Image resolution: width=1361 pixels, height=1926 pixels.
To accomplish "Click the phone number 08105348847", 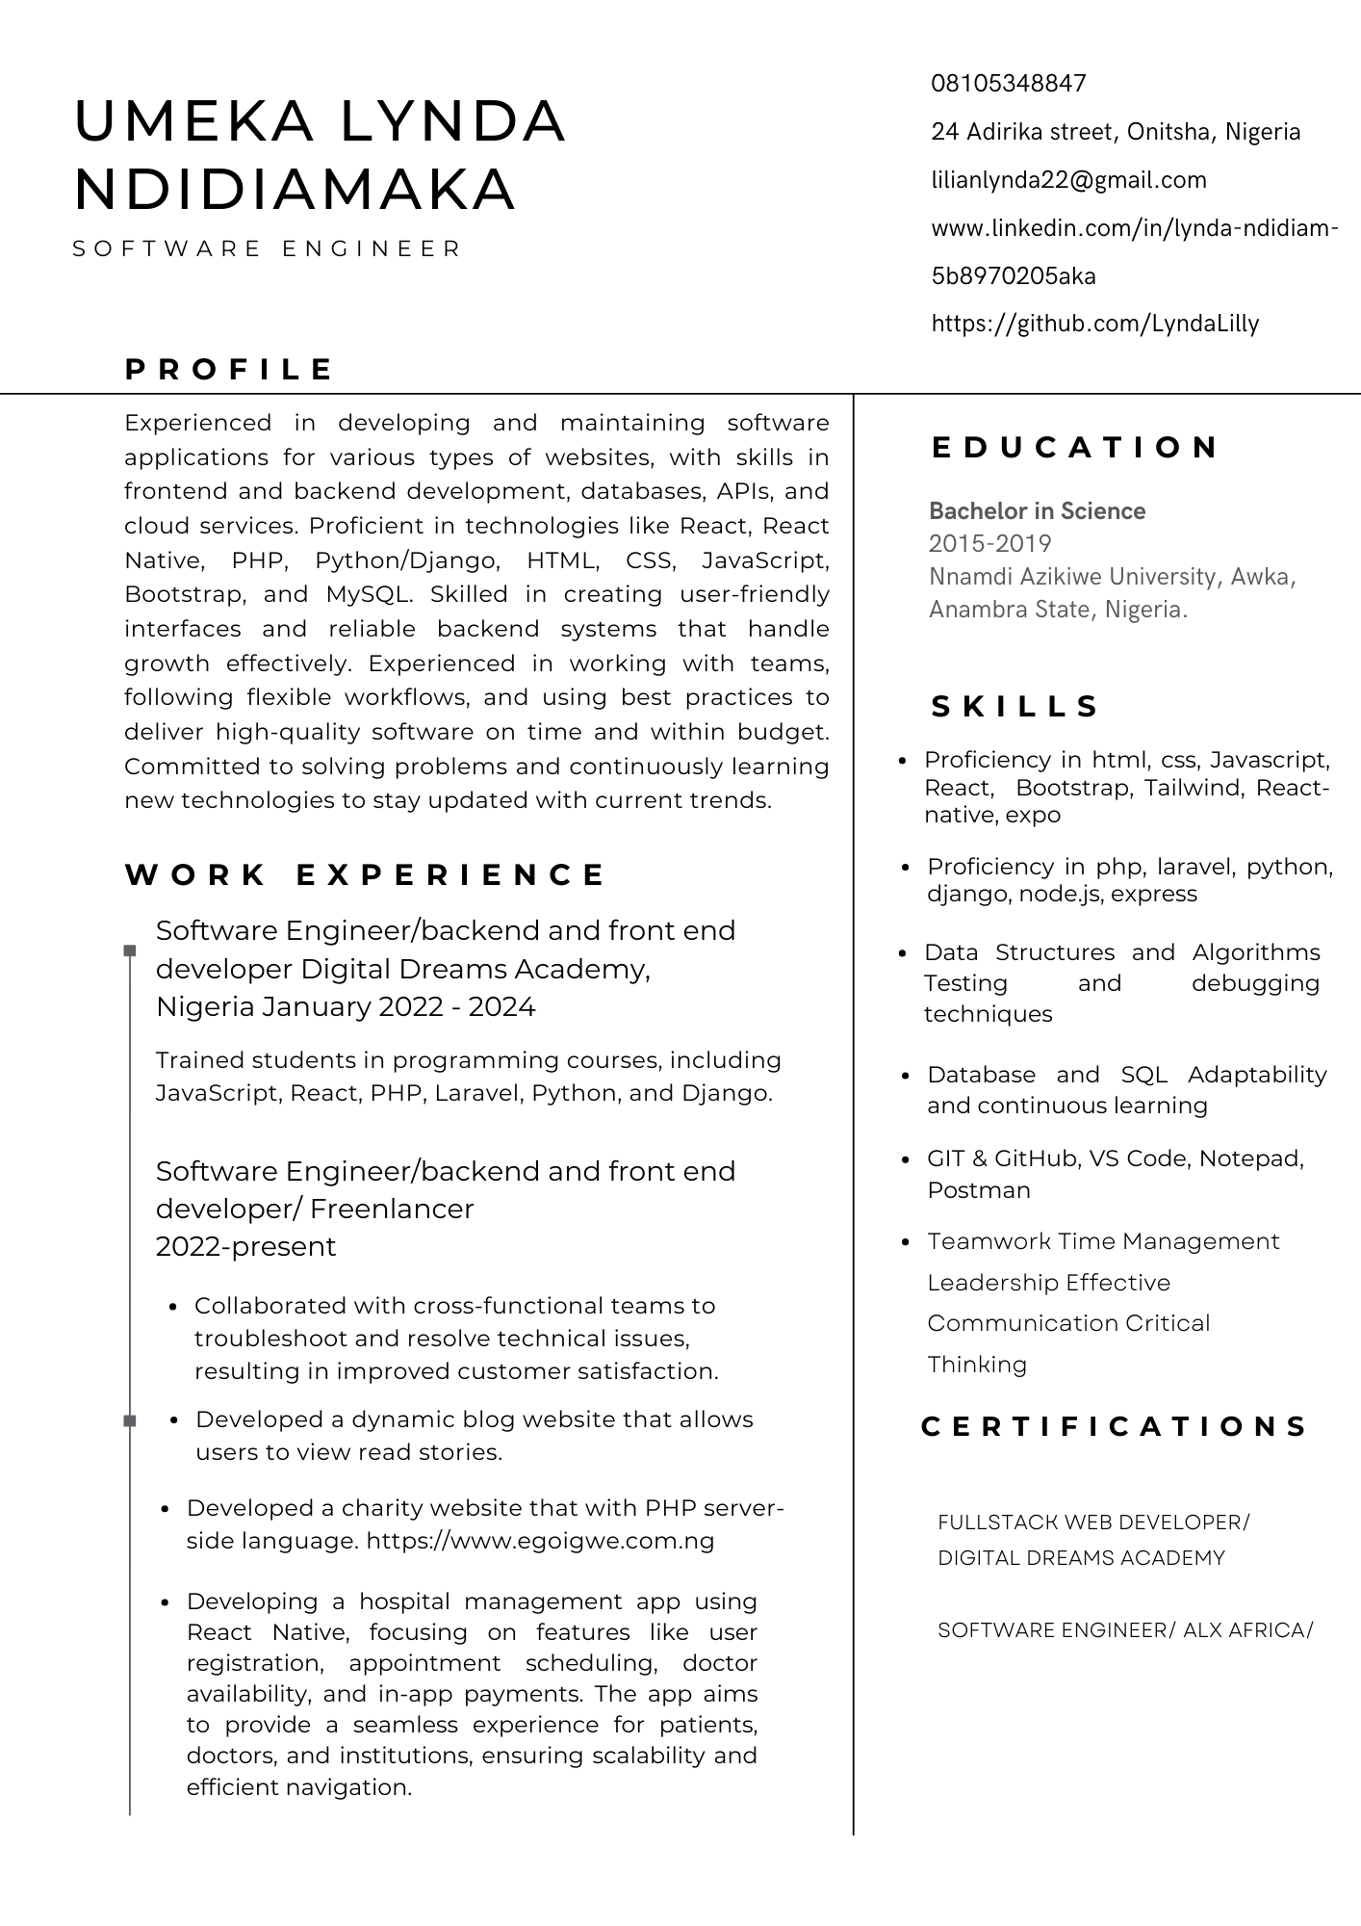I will [1008, 84].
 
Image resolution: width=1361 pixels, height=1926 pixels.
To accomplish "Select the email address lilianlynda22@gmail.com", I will [1068, 180].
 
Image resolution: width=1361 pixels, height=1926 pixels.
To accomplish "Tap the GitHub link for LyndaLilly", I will [1094, 324].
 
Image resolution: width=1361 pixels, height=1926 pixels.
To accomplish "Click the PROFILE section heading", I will [229, 370].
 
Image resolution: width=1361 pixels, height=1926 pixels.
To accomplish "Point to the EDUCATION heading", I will [1075, 448].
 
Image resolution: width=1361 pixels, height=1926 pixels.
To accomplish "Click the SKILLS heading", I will [1014, 707].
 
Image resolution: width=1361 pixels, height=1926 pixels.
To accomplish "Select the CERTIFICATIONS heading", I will [1115, 1426].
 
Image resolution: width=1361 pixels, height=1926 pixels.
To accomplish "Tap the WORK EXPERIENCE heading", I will [366, 875].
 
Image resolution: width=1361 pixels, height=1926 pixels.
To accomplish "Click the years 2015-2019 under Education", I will [989, 543].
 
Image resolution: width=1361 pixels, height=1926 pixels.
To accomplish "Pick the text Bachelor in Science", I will [1037, 511].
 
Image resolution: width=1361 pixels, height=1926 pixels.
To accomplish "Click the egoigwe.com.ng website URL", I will [540, 1541].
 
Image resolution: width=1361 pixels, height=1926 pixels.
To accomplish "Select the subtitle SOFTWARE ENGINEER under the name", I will [268, 249].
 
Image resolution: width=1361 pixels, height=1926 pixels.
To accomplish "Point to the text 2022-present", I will [245, 1247].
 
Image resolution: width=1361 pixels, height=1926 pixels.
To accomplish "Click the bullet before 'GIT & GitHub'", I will [904, 1160].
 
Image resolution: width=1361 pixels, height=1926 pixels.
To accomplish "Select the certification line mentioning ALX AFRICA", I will [1124, 1630].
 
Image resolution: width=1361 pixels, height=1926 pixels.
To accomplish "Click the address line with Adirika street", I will [1115, 132].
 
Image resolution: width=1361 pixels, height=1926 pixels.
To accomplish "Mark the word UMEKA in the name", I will [193, 122].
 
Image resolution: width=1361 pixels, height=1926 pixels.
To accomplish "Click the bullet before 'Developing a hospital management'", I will [166, 1603].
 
